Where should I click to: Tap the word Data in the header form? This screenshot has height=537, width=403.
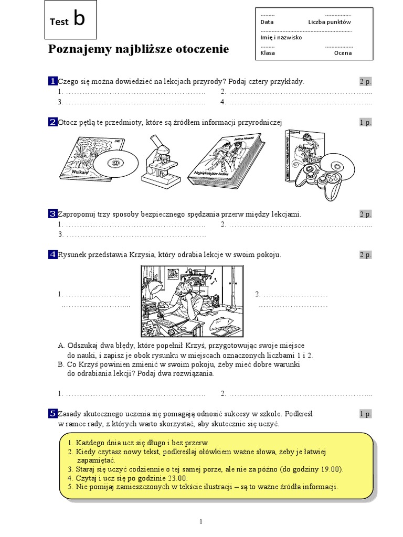[267, 23]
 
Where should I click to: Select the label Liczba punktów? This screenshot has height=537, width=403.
[329, 23]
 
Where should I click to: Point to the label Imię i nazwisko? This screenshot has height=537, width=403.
[281, 38]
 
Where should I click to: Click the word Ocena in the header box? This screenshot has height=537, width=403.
[343, 53]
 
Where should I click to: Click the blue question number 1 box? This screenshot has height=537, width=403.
[52, 81]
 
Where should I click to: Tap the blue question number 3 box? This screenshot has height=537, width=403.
[52, 214]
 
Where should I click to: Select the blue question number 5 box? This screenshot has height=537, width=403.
[52, 414]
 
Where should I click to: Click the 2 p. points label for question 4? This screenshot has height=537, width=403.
[365, 255]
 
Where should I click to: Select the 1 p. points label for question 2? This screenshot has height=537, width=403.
[365, 122]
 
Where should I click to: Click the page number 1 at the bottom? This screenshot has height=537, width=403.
[201, 521]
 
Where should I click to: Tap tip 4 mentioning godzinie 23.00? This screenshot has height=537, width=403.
[128, 478]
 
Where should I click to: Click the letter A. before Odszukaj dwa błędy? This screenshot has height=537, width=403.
[61, 347]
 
